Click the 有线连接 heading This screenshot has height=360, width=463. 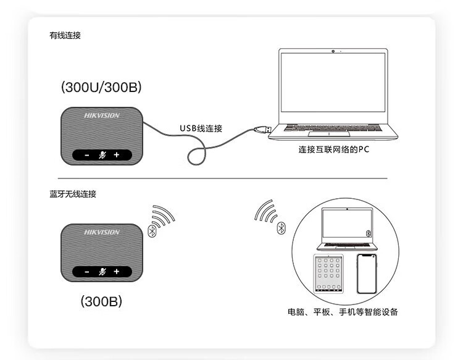pos(65,35)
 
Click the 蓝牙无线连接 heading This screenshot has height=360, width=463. pos(73,194)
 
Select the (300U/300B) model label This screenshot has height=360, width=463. pos(101,87)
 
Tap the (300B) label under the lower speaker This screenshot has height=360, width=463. pos(101,301)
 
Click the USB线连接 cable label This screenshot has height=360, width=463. pos(201,128)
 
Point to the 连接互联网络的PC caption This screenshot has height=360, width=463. pos(333,149)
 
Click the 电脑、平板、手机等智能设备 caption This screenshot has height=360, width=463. pos(343,312)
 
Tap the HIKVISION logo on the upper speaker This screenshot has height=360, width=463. pos(102,115)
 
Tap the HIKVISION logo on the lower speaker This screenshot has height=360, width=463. pos(102,232)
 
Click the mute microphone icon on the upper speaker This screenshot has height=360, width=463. pos(102,155)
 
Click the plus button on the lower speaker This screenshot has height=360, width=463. pos(116,272)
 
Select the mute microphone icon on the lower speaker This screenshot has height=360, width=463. pos(102,272)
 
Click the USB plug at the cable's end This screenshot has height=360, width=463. pos(263,129)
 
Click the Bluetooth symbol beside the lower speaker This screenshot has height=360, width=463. pos(152,231)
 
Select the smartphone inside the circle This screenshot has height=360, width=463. pos(367,274)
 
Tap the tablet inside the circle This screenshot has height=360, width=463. pos(328,274)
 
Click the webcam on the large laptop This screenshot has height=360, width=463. pos(333,51)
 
